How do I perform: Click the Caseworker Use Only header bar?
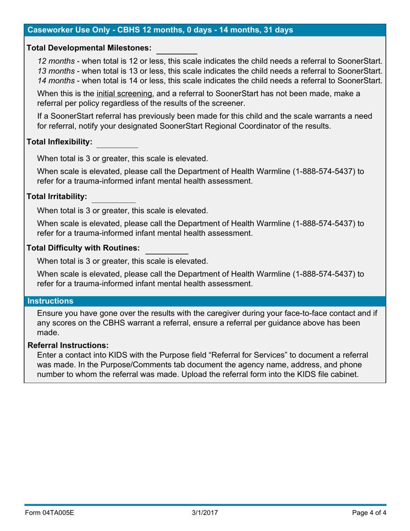coord(160,30)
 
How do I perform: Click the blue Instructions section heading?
coord(50,300)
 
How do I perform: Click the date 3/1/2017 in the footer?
coord(205,513)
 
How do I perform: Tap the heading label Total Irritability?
coord(57,197)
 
